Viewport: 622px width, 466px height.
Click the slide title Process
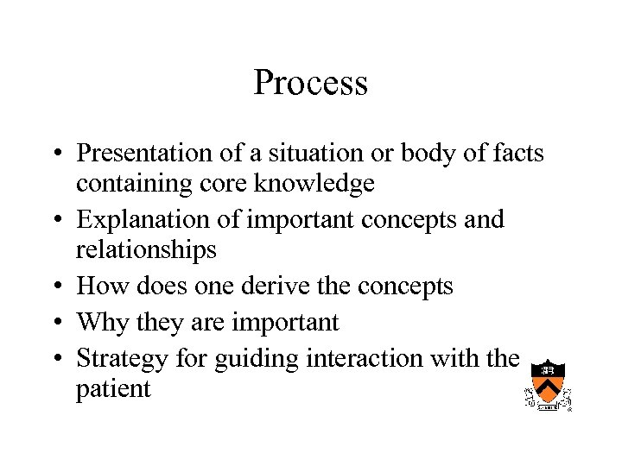point(311,84)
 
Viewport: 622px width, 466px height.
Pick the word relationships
point(146,249)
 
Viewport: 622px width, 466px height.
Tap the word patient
point(113,389)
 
